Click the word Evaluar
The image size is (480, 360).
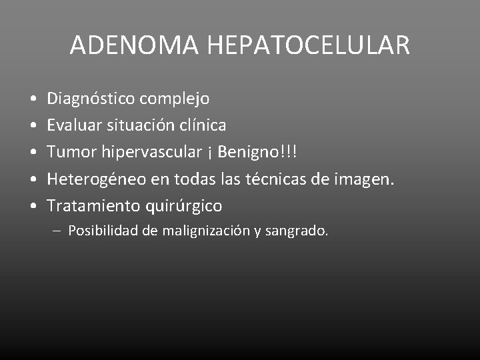point(73,125)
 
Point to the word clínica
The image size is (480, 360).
point(201,125)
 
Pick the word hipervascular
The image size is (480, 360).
point(151,152)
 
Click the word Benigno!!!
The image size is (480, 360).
point(257,152)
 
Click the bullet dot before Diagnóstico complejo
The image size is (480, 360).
point(33,99)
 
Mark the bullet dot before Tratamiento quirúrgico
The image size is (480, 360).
point(33,206)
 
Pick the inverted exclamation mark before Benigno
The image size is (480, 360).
point(209,153)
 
